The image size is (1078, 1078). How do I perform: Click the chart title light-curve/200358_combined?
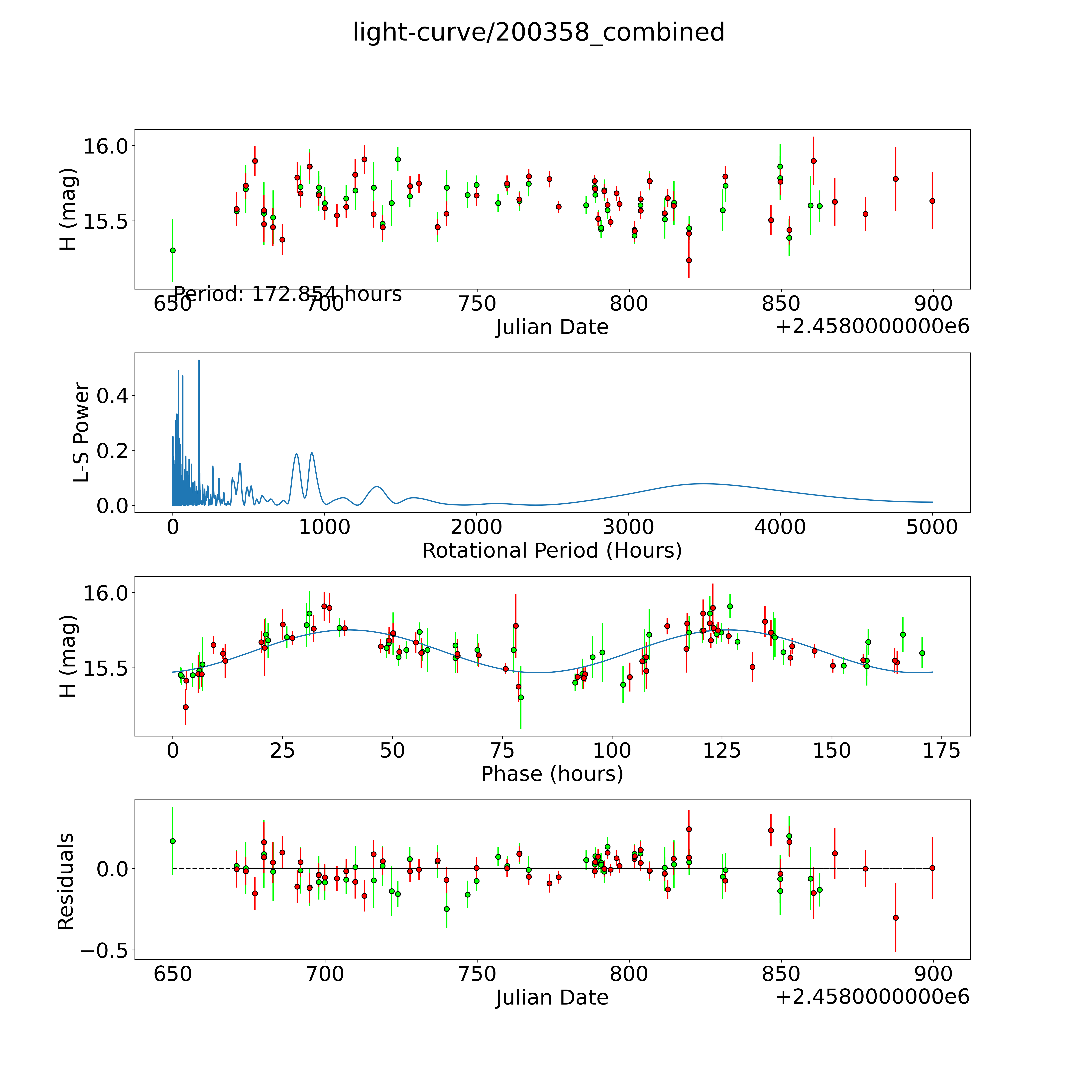coord(538,32)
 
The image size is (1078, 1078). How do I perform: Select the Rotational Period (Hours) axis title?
coord(552,551)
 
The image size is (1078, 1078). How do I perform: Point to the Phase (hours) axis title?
coord(552,774)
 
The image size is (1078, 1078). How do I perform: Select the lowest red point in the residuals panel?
coord(896,918)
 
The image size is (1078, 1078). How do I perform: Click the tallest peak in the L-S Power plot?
coord(199,361)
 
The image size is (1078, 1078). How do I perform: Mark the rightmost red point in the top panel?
coord(932,201)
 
